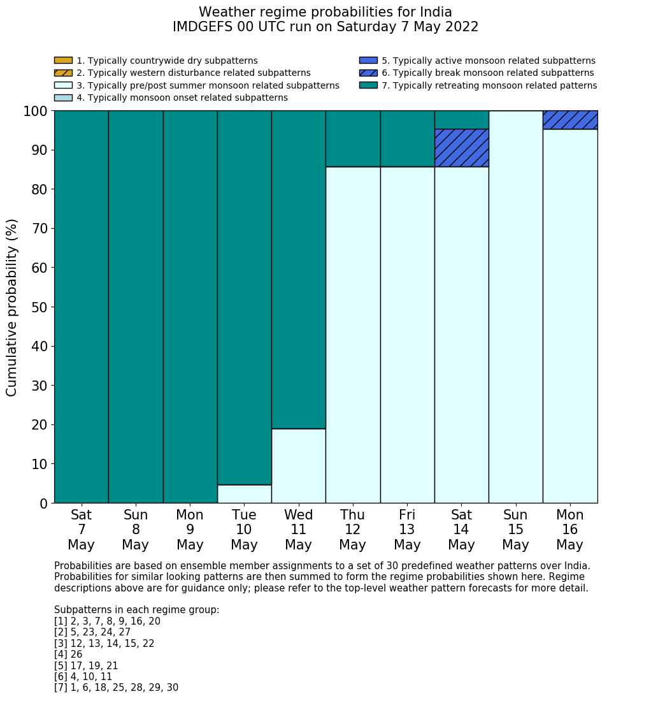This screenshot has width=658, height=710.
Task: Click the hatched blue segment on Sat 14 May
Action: pos(461,148)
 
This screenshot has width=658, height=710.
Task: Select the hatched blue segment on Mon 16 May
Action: pos(570,120)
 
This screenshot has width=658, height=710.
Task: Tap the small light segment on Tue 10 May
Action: pos(244,494)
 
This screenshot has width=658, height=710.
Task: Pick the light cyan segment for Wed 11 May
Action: pos(298,466)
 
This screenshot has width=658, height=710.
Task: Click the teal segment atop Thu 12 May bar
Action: pos(353,138)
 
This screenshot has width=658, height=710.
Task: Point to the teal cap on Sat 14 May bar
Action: pos(461,120)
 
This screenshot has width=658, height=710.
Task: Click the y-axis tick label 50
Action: pos(36,307)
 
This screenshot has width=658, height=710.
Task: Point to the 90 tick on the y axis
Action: pos(36,150)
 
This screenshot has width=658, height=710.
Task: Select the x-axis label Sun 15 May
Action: pos(515,530)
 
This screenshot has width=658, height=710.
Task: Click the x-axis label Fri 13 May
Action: pos(407,530)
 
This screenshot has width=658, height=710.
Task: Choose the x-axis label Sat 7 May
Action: pos(82,530)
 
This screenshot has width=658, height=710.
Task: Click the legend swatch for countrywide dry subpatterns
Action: pos(63,61)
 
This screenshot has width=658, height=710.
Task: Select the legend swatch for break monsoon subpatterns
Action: pos(368,73)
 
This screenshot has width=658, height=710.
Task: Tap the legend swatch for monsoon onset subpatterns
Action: pos(63,98)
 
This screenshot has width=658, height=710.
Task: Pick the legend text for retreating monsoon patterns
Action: pos(489,85)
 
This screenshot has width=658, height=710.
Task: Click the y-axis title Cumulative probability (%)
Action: pos(12,307)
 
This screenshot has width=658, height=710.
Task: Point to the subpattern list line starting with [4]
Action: pos(68,655)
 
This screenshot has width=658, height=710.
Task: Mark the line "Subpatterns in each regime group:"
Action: pos(136,610)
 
